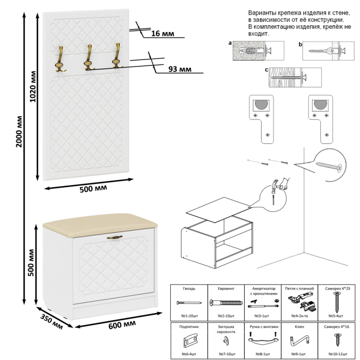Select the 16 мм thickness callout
[163, 33]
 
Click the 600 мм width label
[122, 324]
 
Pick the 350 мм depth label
[52, 319]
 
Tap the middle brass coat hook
[89, 57]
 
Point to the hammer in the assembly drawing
[279, 185]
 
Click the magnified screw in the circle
[329, 166]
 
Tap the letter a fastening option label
[230, 44]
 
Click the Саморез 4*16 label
[338, 327]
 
